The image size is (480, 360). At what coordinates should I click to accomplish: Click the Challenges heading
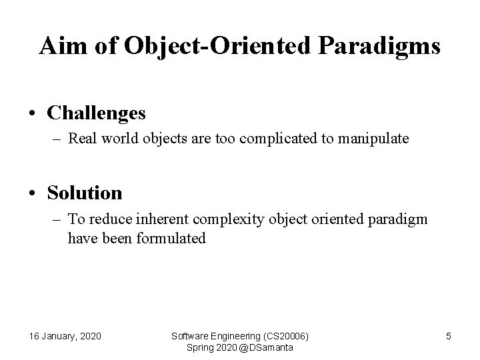[x=96, y=113]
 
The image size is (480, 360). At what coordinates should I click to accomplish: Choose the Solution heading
[x=85, y=193]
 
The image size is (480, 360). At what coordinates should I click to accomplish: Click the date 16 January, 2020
[x=65, y=336]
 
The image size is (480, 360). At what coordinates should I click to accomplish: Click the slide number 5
[x=448, y=336]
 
